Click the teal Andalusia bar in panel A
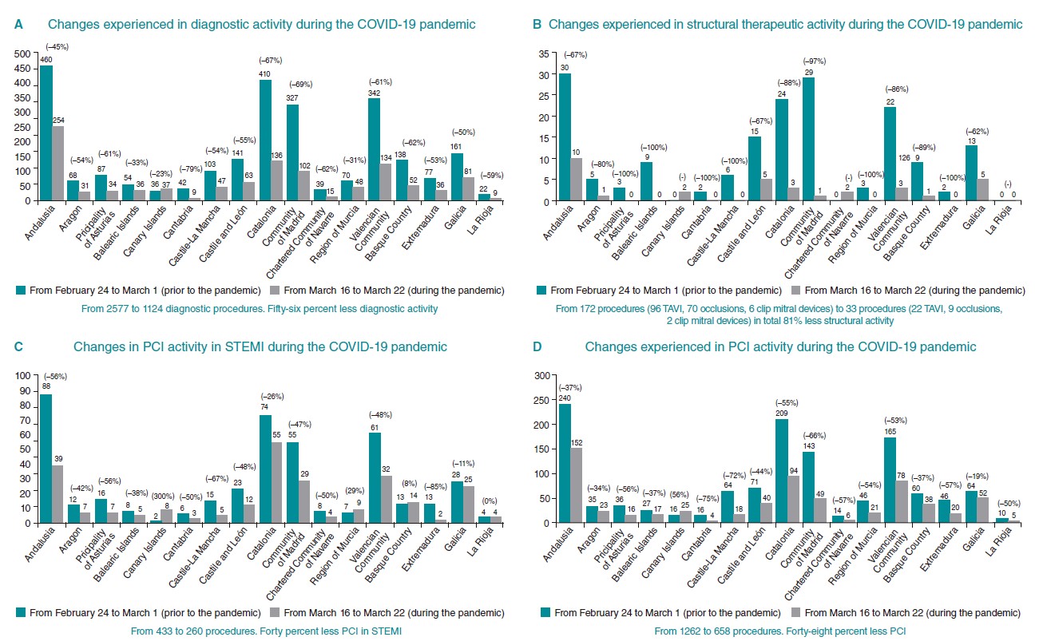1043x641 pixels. tap(46, 133)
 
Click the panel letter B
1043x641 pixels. tap(537, 25)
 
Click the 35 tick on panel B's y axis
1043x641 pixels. tap(543, 53)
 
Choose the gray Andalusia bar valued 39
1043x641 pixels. tap(58, 494)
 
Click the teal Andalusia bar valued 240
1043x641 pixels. tap(564, 463)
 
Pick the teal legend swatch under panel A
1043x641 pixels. tap(21, 290)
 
